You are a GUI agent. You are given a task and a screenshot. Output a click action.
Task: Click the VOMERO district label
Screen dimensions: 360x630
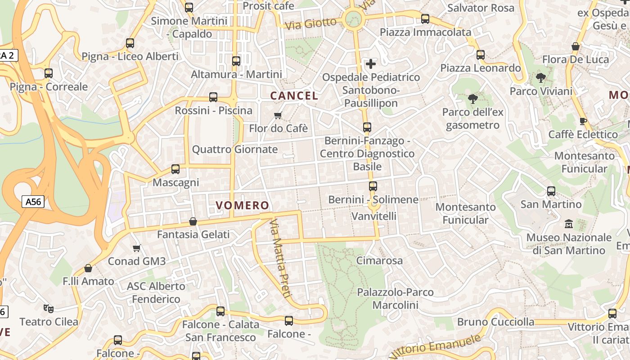[243, 206]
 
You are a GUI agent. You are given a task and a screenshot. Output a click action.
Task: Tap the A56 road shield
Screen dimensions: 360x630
[33, 202]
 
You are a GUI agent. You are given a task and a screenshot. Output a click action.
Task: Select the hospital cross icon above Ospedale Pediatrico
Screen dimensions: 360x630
[371, 64]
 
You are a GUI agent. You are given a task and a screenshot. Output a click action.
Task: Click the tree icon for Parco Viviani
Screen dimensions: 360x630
[541, 78]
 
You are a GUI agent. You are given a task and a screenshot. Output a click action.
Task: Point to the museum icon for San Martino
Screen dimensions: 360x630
[569, 224]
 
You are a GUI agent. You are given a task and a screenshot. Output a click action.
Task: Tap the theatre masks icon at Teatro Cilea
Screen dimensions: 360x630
[49, 309]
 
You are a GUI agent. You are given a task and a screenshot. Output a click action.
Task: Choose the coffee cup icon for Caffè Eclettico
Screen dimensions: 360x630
[583, 121]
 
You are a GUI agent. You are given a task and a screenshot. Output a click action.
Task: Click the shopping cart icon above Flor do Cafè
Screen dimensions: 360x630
[278, 116]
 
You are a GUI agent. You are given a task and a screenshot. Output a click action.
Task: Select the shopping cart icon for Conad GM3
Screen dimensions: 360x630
[137, 248]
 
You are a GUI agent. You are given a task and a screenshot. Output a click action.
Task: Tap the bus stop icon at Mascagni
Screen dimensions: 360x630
[175, 169]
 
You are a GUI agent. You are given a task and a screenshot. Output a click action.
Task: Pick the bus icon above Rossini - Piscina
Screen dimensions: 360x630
[213, 97]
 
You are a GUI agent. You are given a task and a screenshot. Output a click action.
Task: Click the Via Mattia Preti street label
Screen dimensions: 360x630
[279, 258]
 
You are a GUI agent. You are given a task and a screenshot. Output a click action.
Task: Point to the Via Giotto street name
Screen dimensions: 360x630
[311, 23]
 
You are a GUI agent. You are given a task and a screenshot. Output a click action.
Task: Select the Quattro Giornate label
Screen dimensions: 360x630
[235, 149]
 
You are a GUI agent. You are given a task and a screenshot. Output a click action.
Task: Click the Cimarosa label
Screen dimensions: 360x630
[379, 261]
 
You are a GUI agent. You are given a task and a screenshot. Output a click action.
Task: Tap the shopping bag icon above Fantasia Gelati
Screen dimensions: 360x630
[193, 221]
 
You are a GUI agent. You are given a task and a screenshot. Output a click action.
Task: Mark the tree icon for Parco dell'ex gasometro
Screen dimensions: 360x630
[472, 99]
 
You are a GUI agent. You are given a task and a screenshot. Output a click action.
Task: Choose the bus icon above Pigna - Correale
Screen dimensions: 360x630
[49, 73]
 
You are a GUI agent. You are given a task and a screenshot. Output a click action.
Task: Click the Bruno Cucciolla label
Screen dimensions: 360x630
[496, 322]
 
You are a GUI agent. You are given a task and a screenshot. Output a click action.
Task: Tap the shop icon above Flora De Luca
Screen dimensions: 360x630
[575, 46]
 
